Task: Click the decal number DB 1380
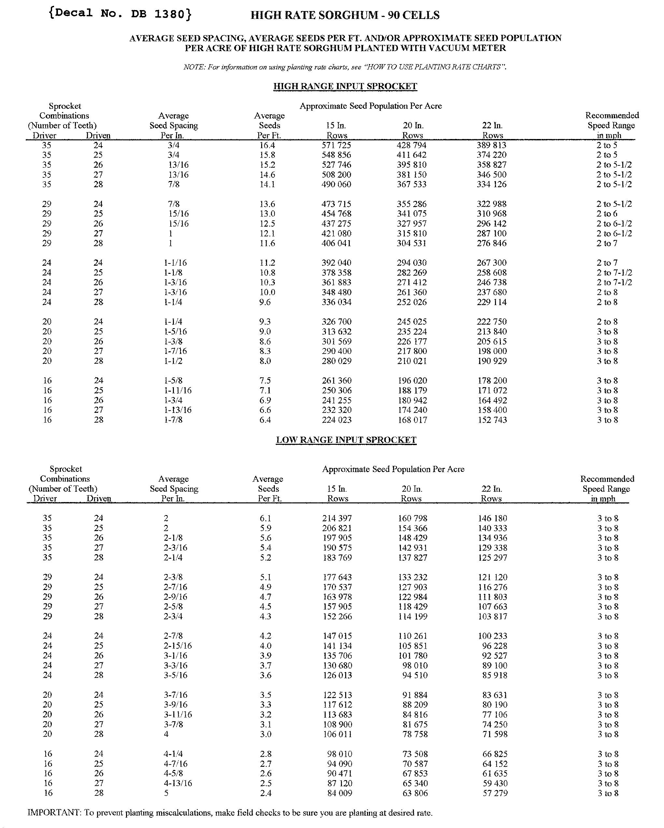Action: coord(120,14)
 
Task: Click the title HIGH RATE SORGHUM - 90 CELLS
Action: coord(345,15)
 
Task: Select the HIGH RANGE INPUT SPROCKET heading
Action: coord(345,86)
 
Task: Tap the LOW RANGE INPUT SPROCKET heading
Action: coord(346,440)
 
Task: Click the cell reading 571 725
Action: coord(336,145)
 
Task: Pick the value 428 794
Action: coord(411,145)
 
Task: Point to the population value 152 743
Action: coord(492,420)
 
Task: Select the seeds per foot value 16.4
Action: coord(267,145)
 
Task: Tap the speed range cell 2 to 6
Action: coord(607,214)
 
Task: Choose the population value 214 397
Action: coord(337,518)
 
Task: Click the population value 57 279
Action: coord(495,793)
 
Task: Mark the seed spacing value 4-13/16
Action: coord(178,783)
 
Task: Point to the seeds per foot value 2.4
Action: coord(266,793)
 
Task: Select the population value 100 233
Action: coord(492,636)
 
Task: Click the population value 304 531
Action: coord(411,244)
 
